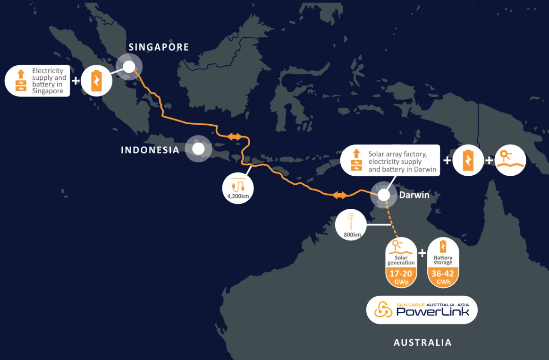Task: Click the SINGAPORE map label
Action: coord(159,47)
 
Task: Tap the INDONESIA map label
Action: coord(150,150)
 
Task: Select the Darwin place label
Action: coord(414,194)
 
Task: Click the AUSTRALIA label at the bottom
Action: coord(422,343)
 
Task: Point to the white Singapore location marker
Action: coord(129,67)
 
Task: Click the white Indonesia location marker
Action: coord(198,149)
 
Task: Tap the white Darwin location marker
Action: coord(384,194)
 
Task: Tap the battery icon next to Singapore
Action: coord(96,80)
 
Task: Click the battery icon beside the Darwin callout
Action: coord(468,160)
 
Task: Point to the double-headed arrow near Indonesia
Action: coord(234,137)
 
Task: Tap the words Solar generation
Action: coord(401,260)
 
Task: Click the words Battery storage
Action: coord(443,260)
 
